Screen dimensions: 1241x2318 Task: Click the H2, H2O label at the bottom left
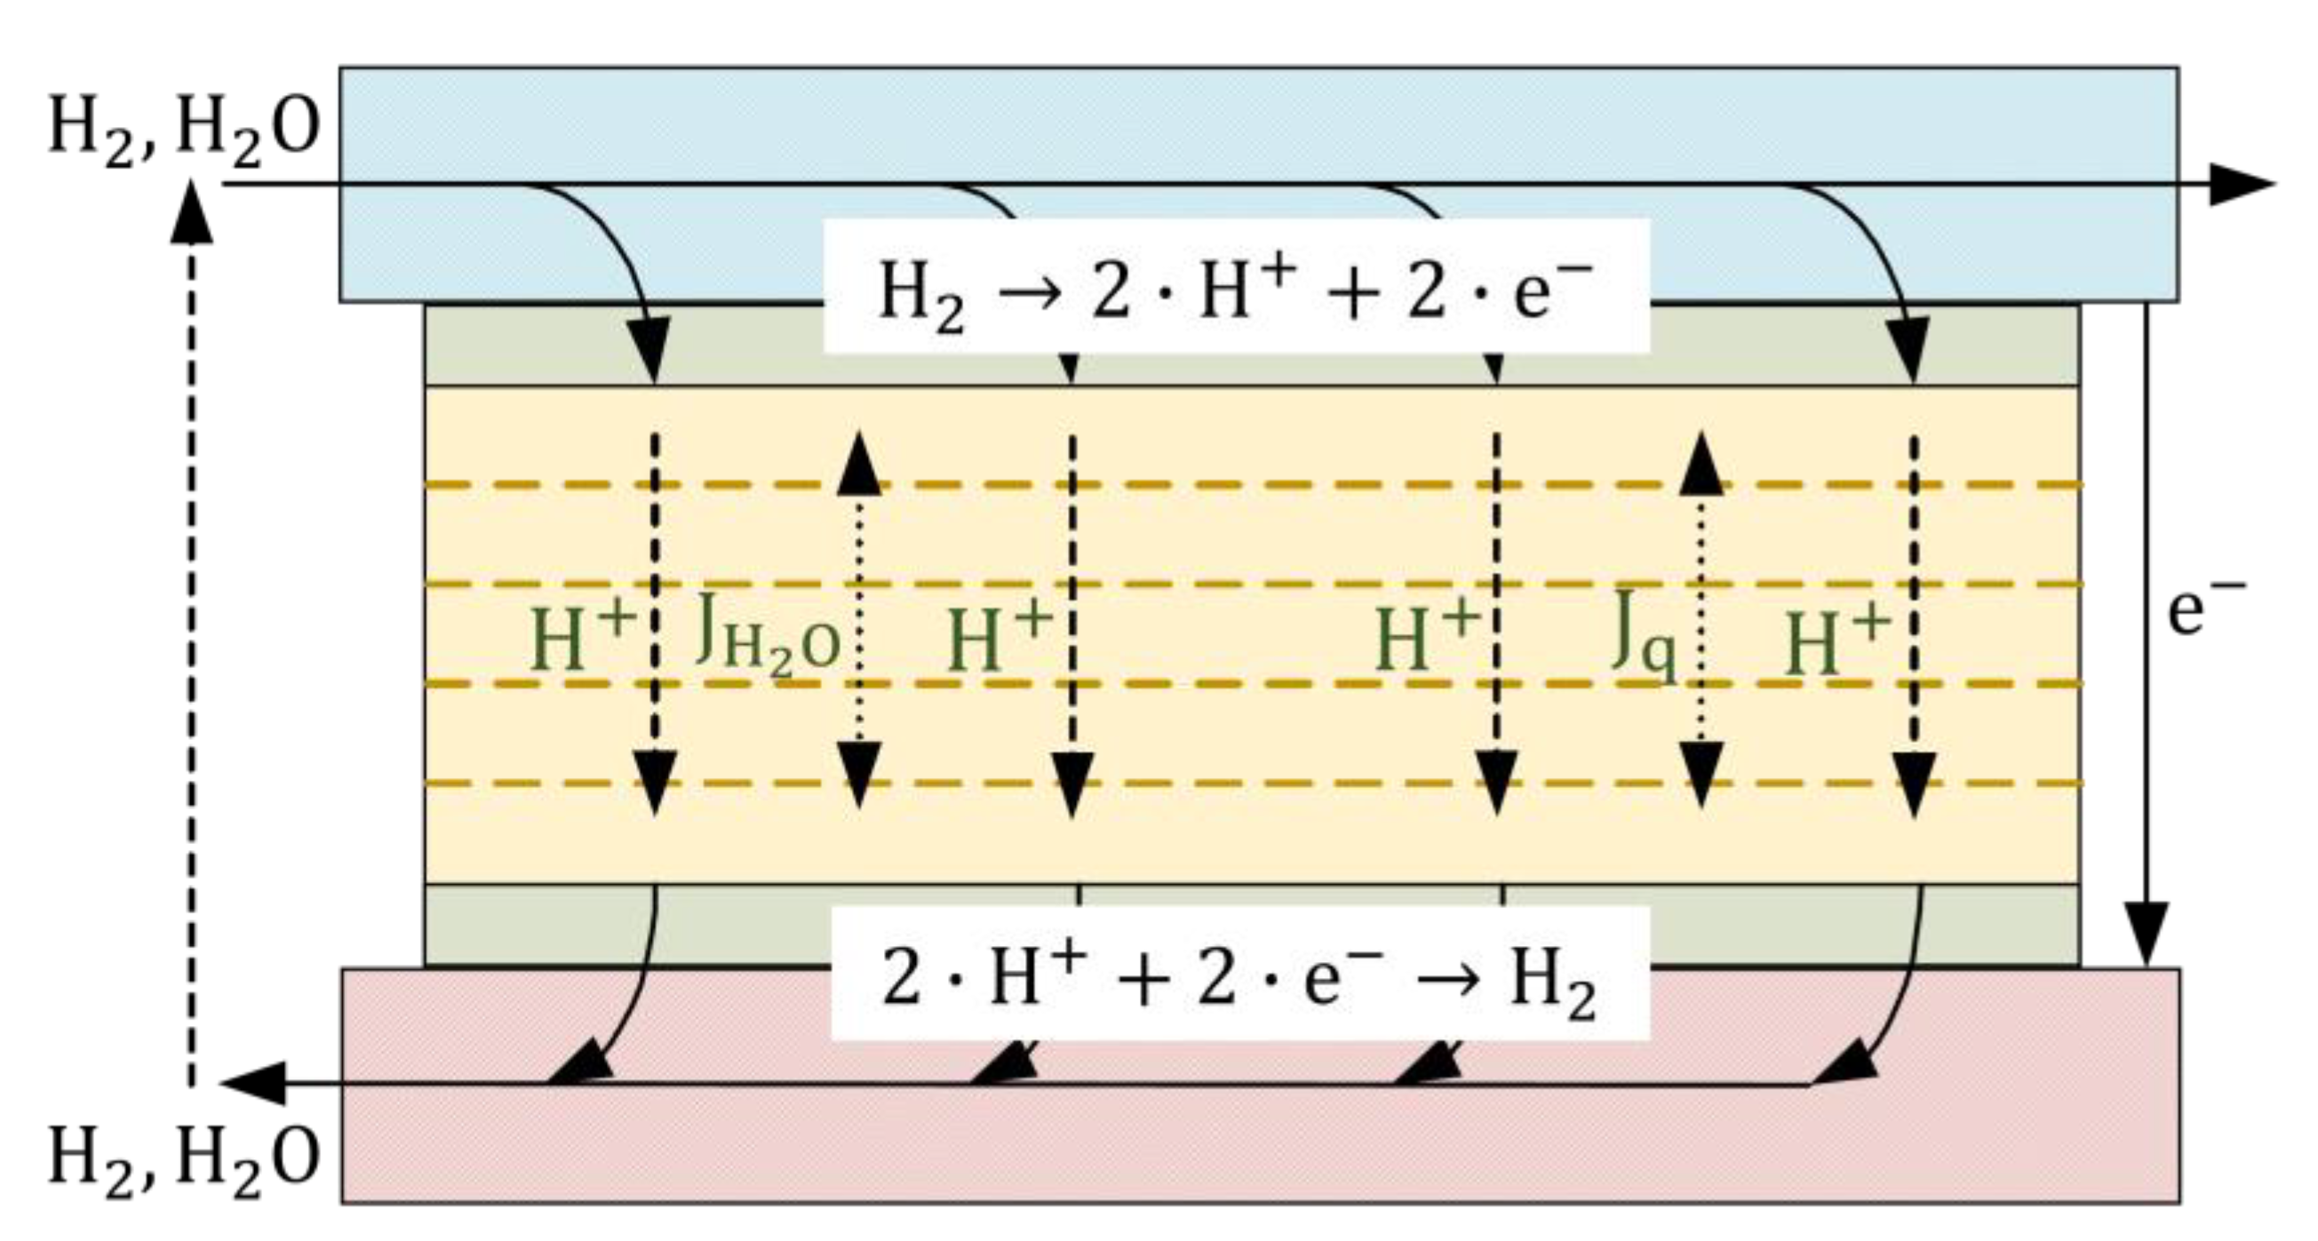(x=184, y=1160)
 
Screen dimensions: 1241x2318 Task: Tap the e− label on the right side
(x=2202, y=609)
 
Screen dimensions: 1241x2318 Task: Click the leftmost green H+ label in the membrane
(x=583, y=637)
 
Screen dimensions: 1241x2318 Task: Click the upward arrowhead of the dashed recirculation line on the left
(x=191, y=212)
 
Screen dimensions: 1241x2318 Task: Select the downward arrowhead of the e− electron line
(x=2147, y=941)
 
